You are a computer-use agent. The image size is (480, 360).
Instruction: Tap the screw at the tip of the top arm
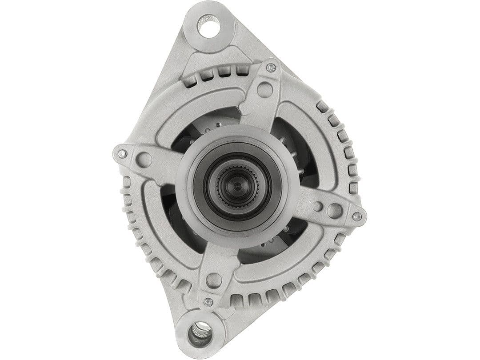point(271,68)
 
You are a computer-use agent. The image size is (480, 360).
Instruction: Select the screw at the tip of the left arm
point(121,154)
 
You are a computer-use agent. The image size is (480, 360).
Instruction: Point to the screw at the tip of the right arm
point(357,216)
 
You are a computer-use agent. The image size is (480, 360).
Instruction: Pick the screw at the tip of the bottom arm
point(208,302)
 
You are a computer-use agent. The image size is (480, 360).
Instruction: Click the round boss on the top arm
point(265,89)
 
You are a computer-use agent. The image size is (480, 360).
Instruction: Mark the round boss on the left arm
point(144,159)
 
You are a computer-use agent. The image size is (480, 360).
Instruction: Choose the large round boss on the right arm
point(335,210)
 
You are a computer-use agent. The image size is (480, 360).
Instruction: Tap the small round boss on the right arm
point(317,206)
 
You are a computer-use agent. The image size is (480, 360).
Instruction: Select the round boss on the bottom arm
point(214,280)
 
